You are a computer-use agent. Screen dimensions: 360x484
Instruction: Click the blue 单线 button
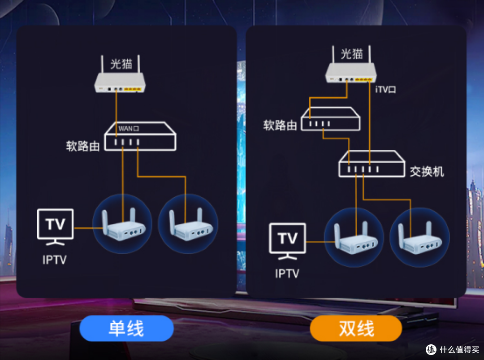126,328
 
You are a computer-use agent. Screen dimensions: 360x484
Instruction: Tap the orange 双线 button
356,328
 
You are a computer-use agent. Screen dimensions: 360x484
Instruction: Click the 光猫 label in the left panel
121,64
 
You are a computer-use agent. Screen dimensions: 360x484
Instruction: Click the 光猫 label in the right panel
352,54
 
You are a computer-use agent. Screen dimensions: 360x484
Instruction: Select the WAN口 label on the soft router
129,129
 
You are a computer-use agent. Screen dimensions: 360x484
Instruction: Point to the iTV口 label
385,90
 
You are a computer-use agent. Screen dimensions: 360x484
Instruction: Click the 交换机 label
427,172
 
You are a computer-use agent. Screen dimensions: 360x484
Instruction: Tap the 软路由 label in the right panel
280,125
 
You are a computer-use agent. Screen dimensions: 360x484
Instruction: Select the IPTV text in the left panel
55,260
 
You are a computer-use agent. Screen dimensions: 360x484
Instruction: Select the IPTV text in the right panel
287,273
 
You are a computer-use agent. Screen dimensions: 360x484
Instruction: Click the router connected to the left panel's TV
122,225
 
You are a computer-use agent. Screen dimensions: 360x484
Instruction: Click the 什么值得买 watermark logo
451,350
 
